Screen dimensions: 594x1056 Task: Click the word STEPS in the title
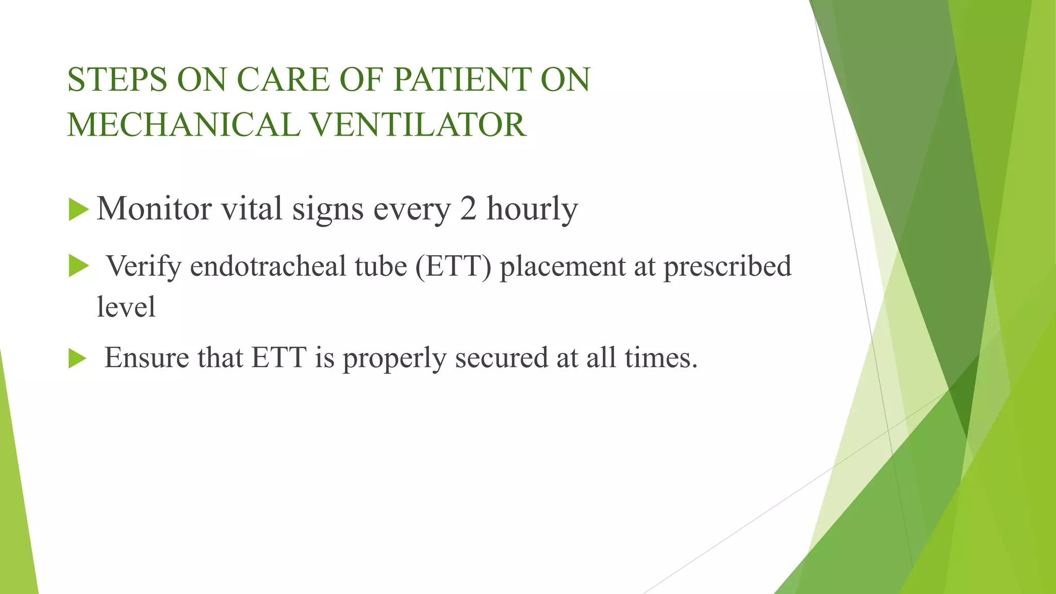pos(117,80)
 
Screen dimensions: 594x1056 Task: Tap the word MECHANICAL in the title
pos(183,125)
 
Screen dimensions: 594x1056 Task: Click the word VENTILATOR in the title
pos(418,125)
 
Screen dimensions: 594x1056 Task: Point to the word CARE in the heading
pos(283,80)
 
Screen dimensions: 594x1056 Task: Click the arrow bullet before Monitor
pos(78,210)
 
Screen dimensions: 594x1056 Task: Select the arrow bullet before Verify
pos(78,267)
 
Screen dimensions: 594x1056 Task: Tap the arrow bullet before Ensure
pos(77,358)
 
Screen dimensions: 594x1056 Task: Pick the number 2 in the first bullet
pos(468,209)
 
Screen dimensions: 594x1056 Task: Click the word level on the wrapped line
pos(126,307)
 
